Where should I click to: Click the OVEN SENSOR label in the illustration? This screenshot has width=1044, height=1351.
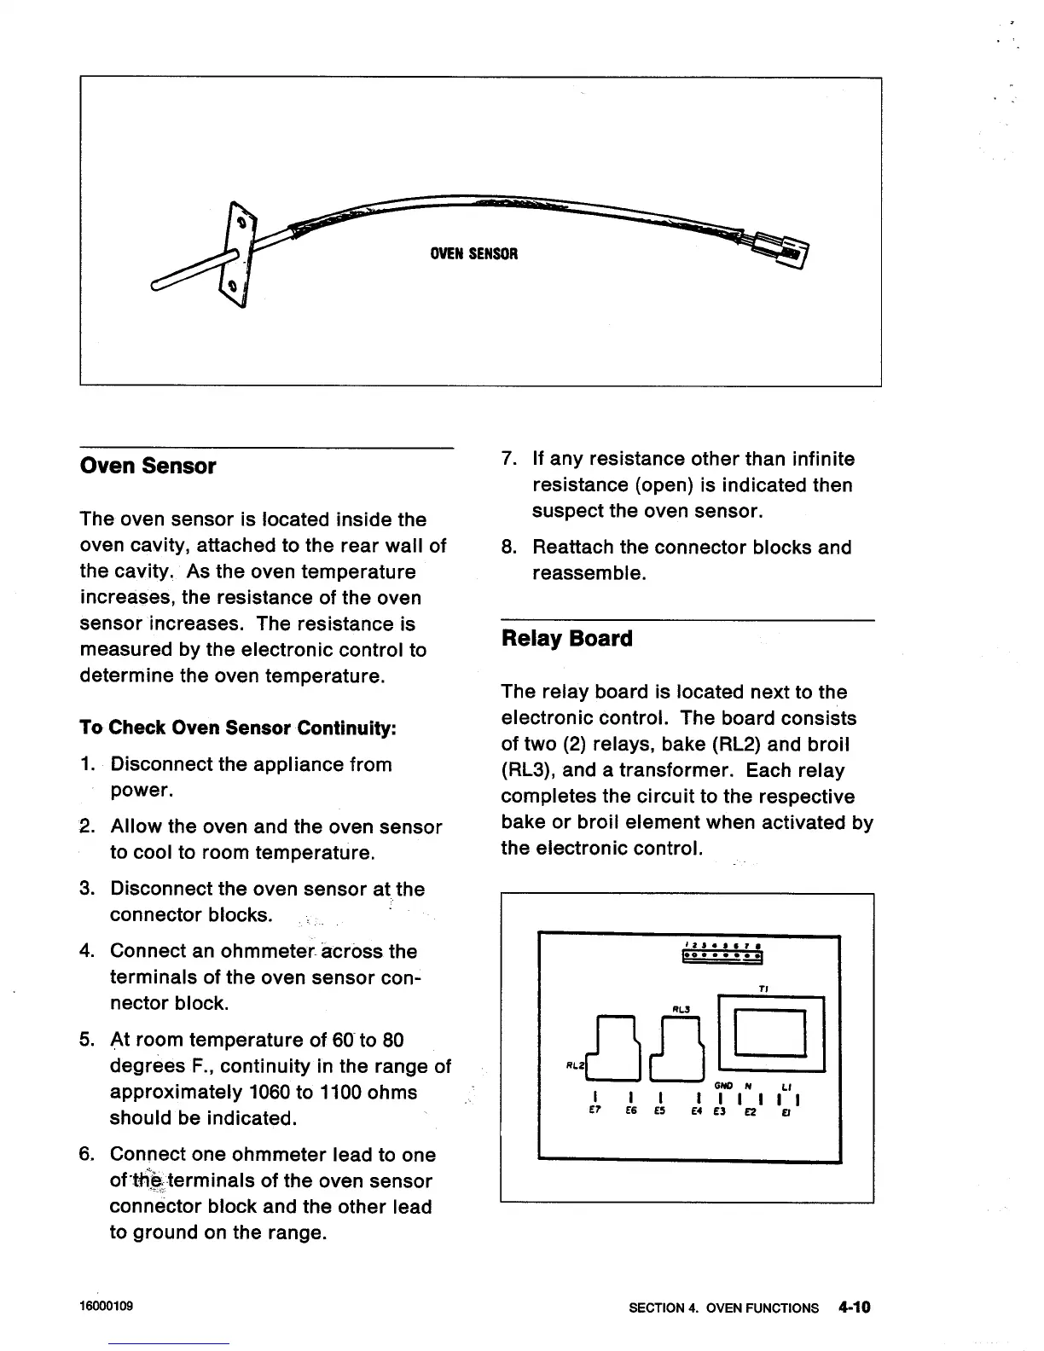click(473, 253)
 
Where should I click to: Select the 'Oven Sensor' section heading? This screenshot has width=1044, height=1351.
click(148, 467)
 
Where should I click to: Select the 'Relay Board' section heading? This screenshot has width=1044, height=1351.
click(567, 639)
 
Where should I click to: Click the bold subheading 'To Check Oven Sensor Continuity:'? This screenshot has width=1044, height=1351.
click(238, 728)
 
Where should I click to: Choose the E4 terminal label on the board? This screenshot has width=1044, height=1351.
click(697, 1112)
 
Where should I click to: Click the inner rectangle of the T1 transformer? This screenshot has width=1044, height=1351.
click(770, 1032)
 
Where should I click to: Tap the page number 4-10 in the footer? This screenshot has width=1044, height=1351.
click(853, 1307)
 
